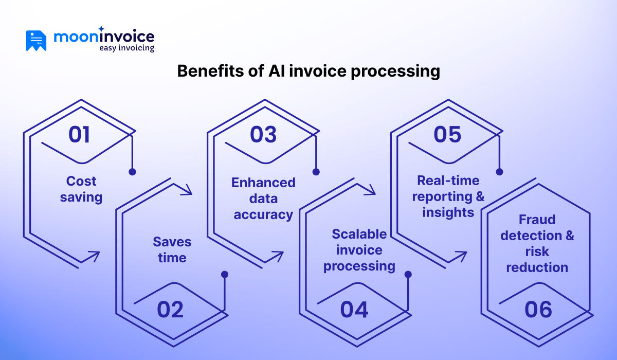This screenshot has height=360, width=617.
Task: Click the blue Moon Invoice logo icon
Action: click(36, 41)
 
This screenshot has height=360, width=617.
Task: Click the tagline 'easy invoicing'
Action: click(126, 48)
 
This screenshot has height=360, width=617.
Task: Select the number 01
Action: click(79, 134)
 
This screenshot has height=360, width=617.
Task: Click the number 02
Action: click(170, 310)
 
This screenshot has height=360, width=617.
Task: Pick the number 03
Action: click(263, 134)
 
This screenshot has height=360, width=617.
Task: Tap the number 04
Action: click(354, 310)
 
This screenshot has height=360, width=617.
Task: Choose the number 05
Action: click(447, 134)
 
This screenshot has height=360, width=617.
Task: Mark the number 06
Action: click(538, 310)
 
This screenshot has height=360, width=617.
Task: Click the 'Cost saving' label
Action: click(81, 189)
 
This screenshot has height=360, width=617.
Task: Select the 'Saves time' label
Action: click(172, 249)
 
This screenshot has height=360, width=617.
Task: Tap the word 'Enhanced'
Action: click(263, 183)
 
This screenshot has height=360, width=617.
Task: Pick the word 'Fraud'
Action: click(537, 220)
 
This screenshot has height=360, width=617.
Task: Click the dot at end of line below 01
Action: click(132, 172)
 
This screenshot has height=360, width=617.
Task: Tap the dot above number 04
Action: click(408, 275)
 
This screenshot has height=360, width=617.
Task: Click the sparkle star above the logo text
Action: click(101, 29)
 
